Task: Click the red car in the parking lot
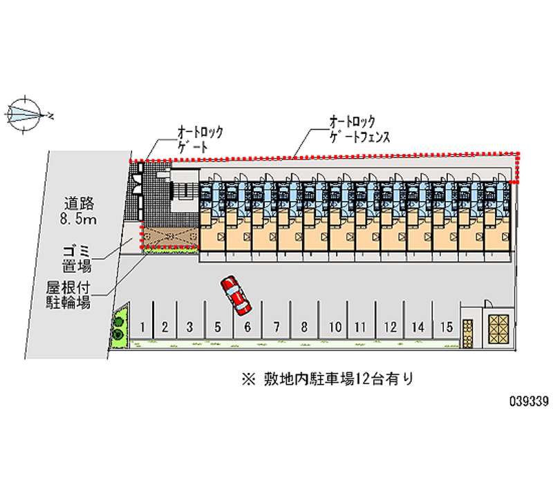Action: pos(236,296)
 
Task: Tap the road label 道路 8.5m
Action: pos(78,211)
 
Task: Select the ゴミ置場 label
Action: pos(77,259)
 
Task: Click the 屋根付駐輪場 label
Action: pos(68,296)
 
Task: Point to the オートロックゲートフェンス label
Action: pos(359,129)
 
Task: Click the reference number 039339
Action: pos(529,401)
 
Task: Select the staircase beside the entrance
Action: pos(185,191)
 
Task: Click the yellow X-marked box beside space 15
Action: pos(498,329)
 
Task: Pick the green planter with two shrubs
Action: pos(118,328)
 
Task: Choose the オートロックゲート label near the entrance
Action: pos(200,139)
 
